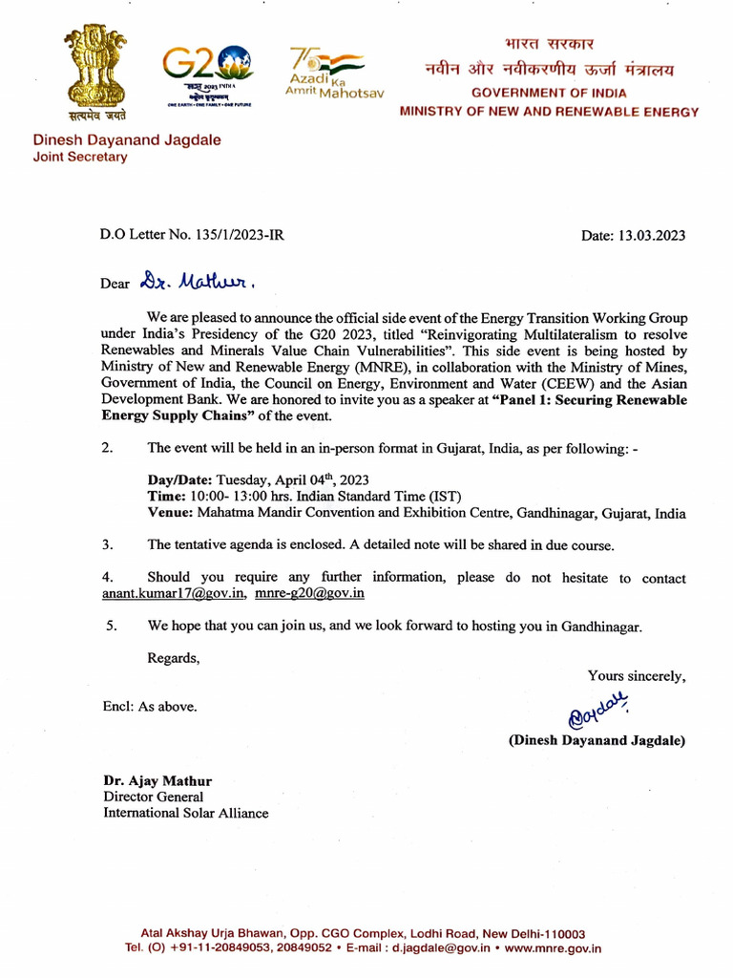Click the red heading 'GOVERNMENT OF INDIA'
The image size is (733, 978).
(x=549, y=94)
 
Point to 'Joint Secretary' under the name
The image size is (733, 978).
(x=80, y=158)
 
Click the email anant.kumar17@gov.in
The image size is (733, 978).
(x=175, y=593)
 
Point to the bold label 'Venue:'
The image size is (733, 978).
(x=171, y=513)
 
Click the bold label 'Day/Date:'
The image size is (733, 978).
(x=180, y=479)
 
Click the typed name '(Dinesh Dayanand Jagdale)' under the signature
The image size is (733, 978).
(x=597, y=740)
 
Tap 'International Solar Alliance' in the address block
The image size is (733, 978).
(x=186, y=814)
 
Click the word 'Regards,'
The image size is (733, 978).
(x=174, y=658)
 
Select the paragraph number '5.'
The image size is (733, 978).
(x=112, y=627)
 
